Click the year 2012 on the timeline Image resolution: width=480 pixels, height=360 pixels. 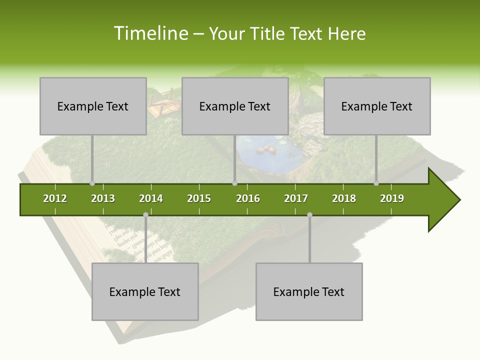[x=55, y=198]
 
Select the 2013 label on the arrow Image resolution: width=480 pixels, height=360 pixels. [x=103, y=198]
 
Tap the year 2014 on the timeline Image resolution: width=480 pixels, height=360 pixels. [x=151, y=198]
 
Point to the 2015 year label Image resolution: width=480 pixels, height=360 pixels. [x=199, y=198]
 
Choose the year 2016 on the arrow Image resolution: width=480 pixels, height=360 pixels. [x=248, y=198]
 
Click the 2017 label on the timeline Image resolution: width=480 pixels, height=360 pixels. [x=296, y=198]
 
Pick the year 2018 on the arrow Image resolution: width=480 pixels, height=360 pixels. [x=344, y=198]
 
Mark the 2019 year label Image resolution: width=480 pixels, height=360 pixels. [x=392, y=198]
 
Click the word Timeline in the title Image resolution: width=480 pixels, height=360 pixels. [x=150, y=33]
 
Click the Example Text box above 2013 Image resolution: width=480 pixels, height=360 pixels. [x=93, y=106]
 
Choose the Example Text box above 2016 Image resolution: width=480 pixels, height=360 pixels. [x=235, y=106]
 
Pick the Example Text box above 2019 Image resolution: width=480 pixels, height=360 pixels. [x=377, y=106]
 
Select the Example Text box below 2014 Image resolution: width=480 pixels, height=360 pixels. [x=145, y=291]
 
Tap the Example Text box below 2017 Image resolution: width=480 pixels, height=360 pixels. [x=309, y=291]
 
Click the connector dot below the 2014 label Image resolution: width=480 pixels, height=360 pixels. [x=145, y=214]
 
